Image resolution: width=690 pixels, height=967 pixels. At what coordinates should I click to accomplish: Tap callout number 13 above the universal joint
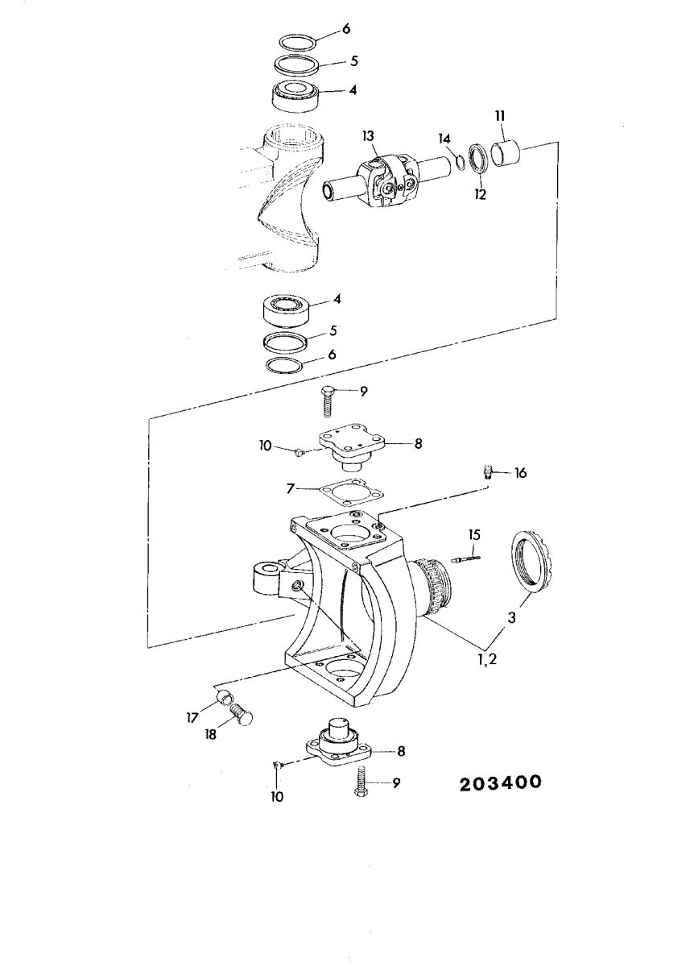tap(368, 136)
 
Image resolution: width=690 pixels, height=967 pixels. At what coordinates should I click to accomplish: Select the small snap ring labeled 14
tap(460, 163)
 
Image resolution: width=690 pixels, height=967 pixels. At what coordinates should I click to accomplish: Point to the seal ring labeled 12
tap(477, 159)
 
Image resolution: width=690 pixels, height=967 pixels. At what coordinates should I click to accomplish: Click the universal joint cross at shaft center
tap(390, 181)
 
